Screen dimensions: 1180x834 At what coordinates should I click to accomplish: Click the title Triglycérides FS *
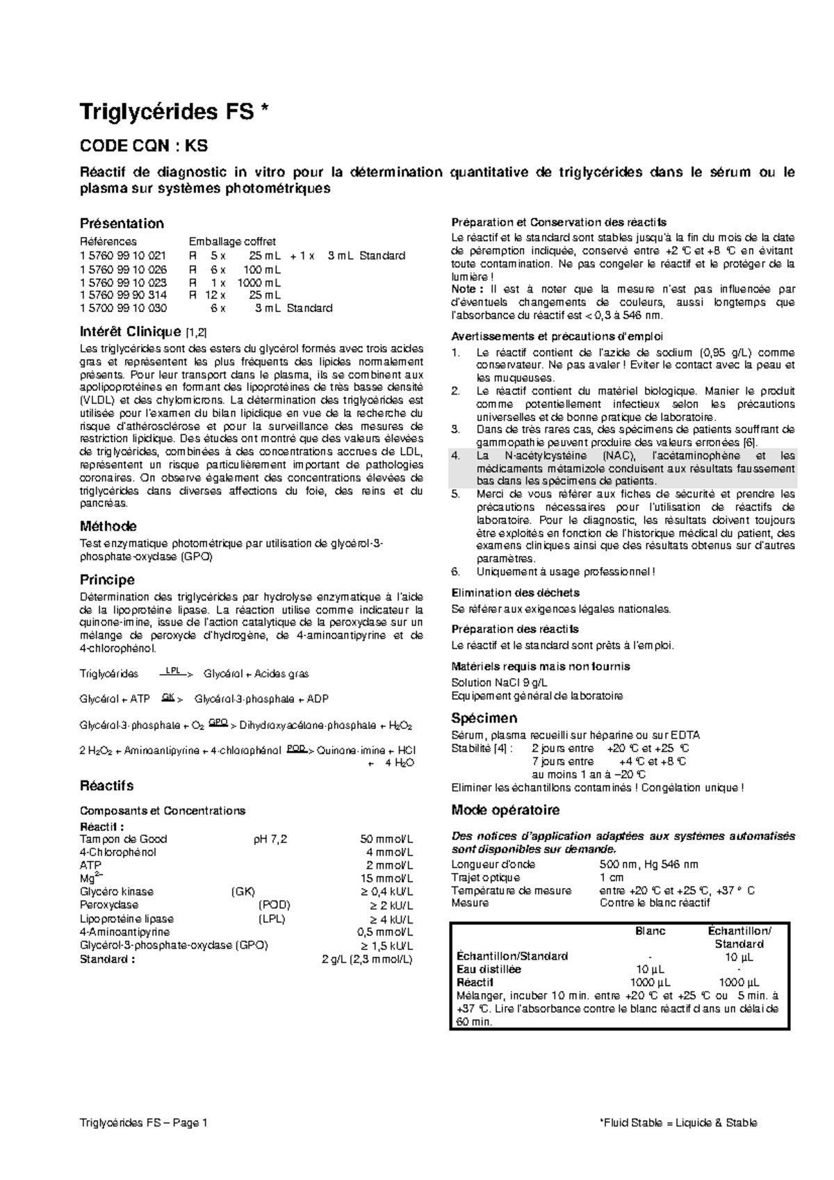tap(172, 112)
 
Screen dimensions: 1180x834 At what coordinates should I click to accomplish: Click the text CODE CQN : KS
tap(144, 146)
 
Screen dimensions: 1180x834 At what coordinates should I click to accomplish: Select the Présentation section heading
tap(122, 223)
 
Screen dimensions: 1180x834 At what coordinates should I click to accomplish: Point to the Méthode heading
tap(108, 526)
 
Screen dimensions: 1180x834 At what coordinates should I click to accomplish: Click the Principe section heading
tap(107, 580)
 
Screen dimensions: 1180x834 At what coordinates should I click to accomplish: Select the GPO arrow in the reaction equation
tap(218, 723)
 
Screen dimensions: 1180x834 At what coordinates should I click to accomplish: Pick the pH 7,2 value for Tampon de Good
tap(270, 839)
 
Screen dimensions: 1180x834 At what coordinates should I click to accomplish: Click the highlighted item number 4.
tap(455, 456)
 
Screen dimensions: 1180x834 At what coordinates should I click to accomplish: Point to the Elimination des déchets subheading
tap(515, 593)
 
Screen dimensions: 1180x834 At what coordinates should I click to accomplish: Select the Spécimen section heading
tap(484, 718)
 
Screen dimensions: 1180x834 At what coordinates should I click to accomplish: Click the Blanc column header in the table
tap(651, 931)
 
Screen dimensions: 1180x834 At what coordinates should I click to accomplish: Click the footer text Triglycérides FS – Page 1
tap(143, 1123)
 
